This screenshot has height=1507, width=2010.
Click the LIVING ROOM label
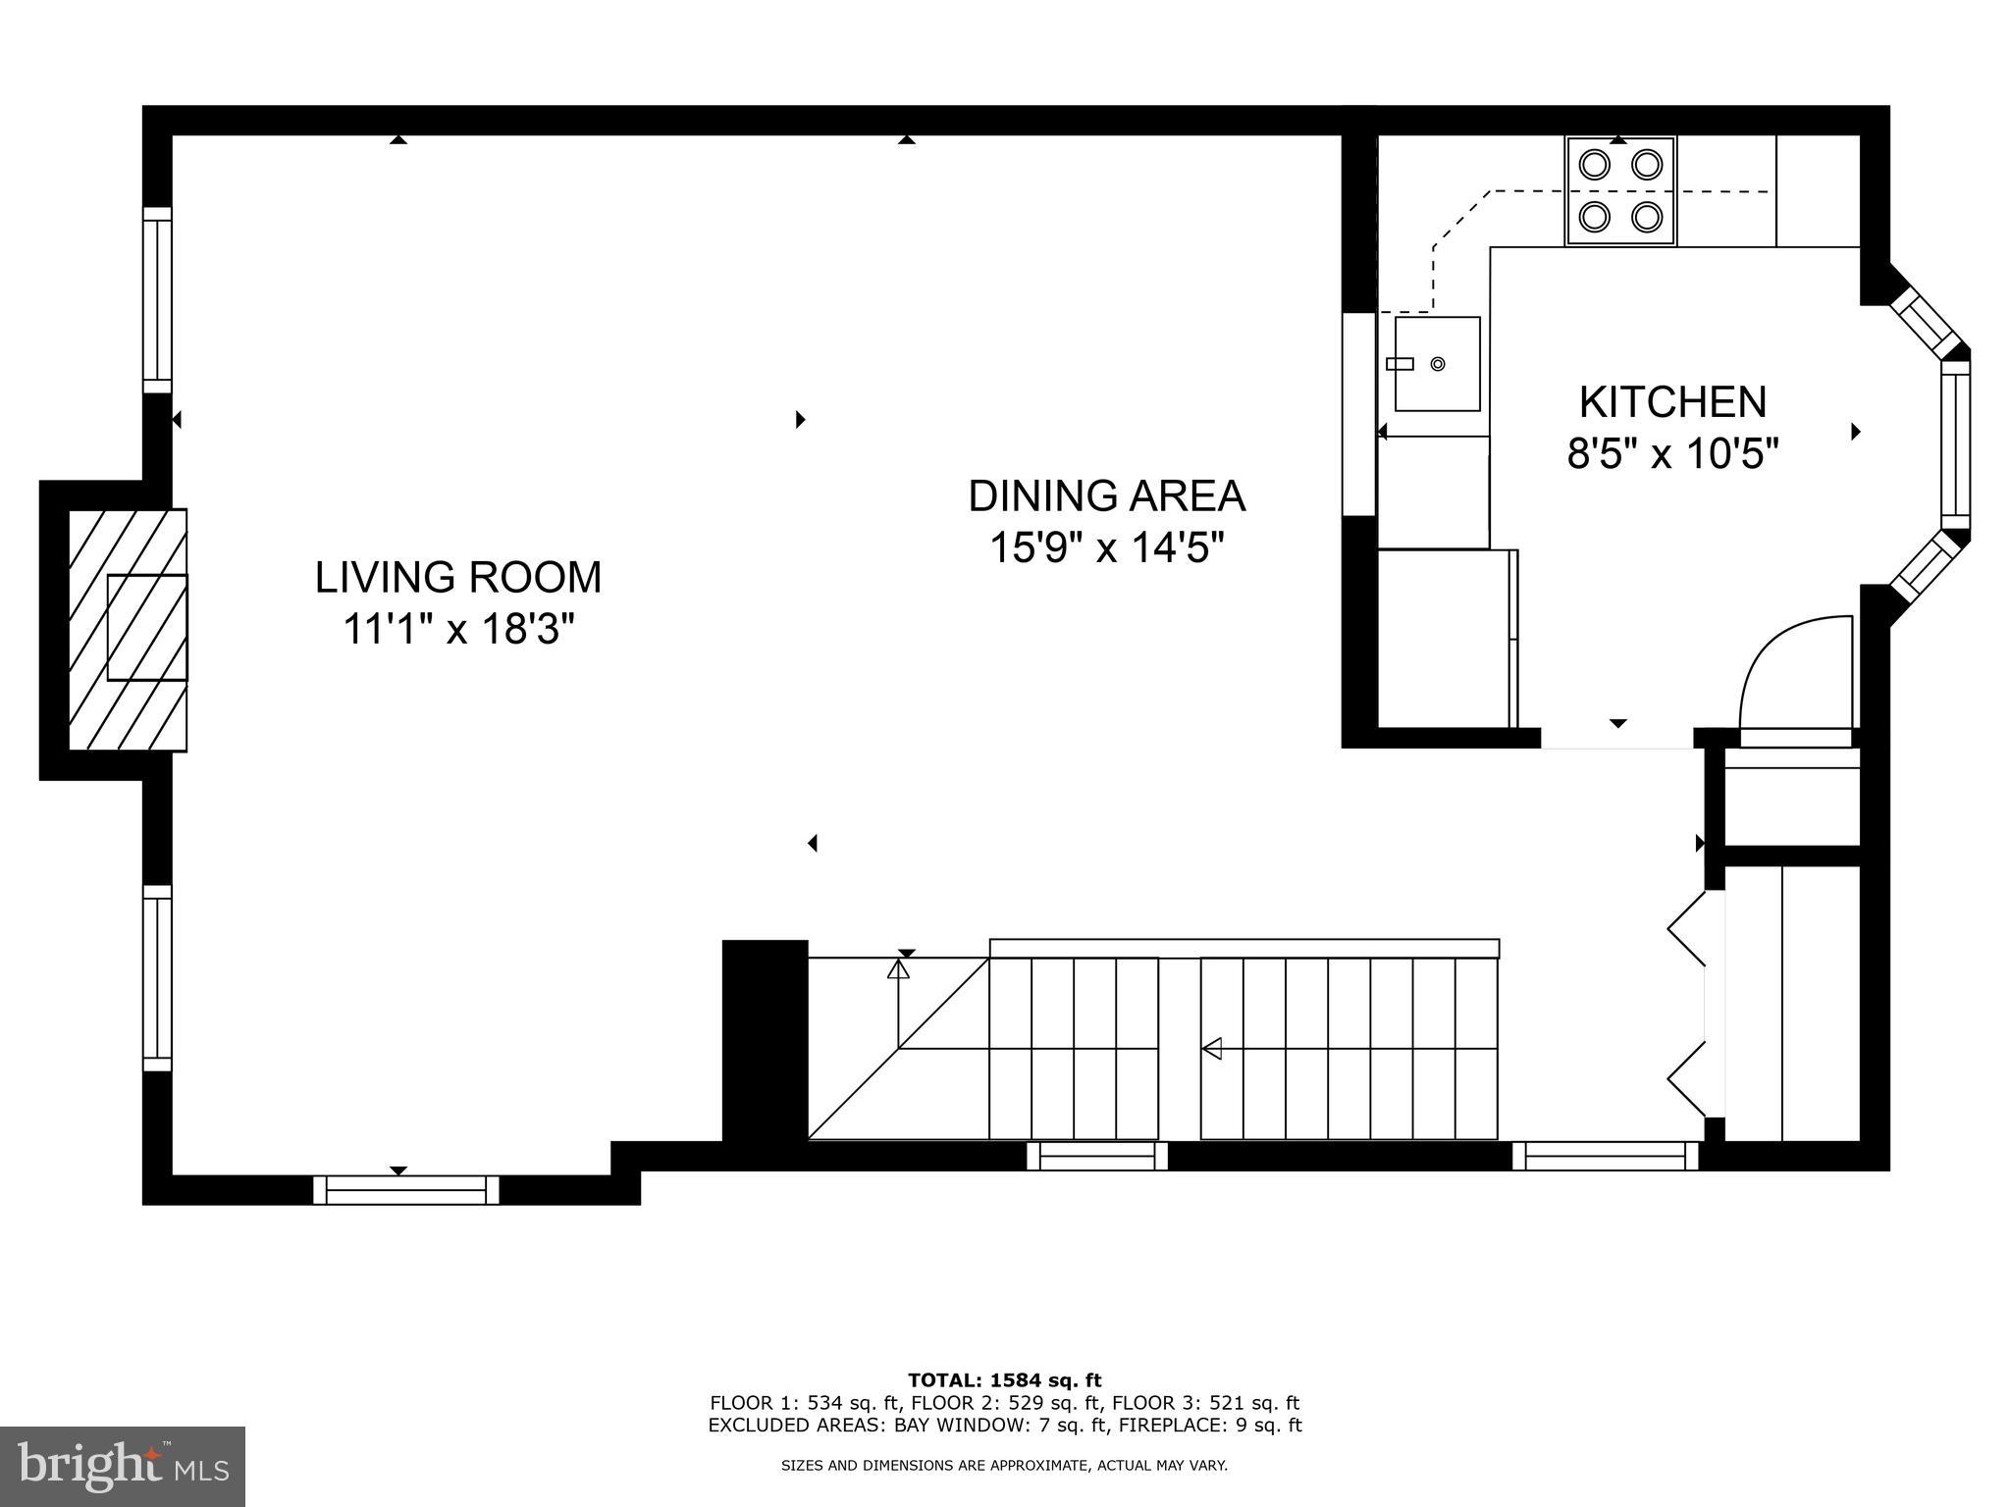pyautogui.click(x=457, y=577)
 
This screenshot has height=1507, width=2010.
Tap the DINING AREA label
pyautogui.click(x=1106, y=496)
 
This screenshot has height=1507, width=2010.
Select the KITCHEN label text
pyautogui.click(x=1672, y=402)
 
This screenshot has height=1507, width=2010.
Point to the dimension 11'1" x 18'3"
pyautogui.click(x=457, y=629)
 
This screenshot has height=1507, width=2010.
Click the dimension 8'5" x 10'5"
pyautogui.click(x=1672, y=454)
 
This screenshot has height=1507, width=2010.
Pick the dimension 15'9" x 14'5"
pyautogui.click(x=1106, y=548)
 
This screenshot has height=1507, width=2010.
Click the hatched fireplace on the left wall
pyautogui.click(x=128, y=630)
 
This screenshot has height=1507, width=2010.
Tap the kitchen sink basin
pyautogui.click(x=1438, y=364)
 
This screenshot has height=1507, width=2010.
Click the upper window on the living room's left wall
pyautogui.click(x=157, y=299)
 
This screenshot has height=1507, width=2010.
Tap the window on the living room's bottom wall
pyautogui.click(x=405, y=1190)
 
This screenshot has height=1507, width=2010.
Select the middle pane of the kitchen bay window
pyautogui.click(x=1955, y=439)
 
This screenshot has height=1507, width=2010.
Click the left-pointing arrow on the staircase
pyautogui.click(x=1213, y=1049)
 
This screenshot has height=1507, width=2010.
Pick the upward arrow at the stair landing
pyautogui.click(x=898, y=970)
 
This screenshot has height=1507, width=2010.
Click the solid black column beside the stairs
pyautogui.click(x=765, y=1040)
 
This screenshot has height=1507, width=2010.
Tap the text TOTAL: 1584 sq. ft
pyautogui.click(x=1004, y=1381)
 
